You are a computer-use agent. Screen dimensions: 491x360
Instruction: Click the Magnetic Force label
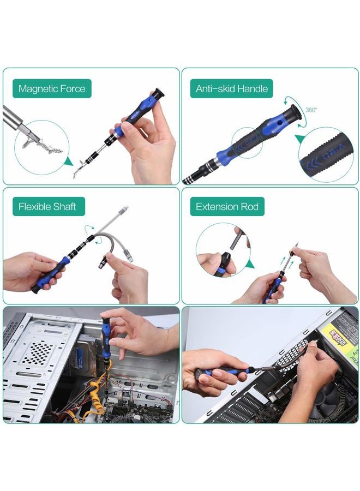pyautogui.click(x=52, y=88)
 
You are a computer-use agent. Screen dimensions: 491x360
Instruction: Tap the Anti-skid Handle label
pyautogui.click(x=232, y=88)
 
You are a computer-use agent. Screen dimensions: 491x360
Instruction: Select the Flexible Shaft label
pyautogui.click(x=47, y=207)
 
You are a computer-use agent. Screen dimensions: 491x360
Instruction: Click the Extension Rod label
pyautogui.click(x=227, y=207)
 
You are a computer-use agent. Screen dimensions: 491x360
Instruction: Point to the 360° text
pyautogui.click(x=311, y=110)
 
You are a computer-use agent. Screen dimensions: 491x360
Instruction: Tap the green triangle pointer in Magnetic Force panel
pyautogui.click(x=68, y=161)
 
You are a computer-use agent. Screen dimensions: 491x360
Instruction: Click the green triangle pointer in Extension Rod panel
pyautogui.click(x=249, y=265)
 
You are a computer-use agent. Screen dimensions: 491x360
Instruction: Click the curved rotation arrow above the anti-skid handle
pyautogui.click(x=290, y=101)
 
